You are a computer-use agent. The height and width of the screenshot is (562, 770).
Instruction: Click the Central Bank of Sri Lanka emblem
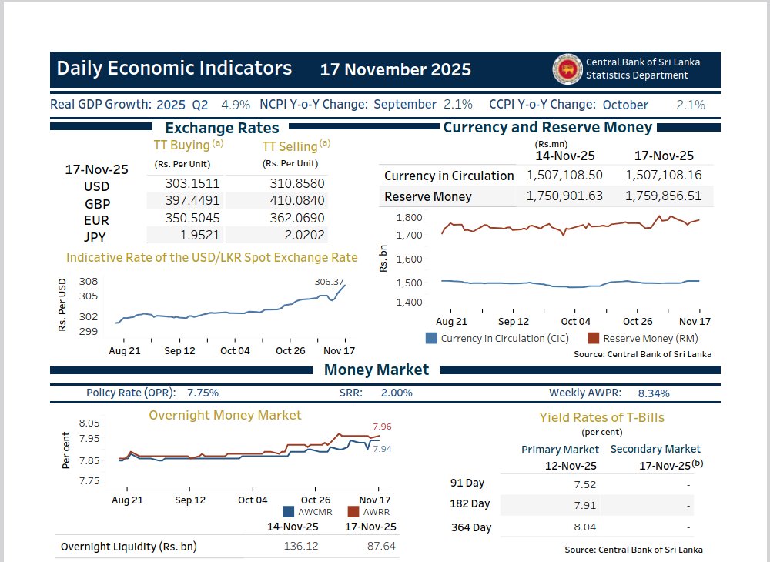(567, 69)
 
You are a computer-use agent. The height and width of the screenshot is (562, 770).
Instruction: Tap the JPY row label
(95, 236)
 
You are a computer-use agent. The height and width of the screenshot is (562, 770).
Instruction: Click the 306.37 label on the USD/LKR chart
(329, 282)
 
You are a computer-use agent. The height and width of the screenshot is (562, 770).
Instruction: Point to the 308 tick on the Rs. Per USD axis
(89, 282)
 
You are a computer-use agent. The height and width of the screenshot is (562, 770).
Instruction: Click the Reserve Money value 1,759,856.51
(664, 196)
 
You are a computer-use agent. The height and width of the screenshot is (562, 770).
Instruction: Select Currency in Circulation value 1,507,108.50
(564, 176)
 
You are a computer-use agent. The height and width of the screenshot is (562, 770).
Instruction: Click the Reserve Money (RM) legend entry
(644, 338)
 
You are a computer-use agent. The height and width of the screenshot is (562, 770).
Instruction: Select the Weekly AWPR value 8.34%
(654, 393)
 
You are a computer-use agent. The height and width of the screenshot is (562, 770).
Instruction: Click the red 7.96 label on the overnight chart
(382, 426)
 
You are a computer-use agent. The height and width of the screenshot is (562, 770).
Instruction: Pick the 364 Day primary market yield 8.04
(584, 527)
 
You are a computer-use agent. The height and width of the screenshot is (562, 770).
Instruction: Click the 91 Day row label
(467, 483)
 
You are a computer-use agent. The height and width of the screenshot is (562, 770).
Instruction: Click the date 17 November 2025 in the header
(396, 69)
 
